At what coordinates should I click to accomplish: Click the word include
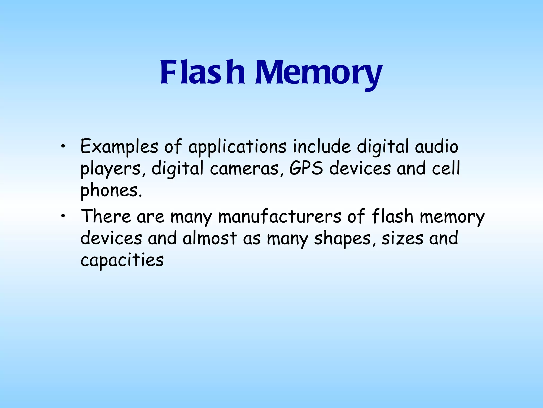[322, 146]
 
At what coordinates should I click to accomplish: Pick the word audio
[436, 146]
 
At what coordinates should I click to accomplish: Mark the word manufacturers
[279, 216]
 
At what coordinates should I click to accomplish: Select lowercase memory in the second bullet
[452, 217]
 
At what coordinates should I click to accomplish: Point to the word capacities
[122, 260]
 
